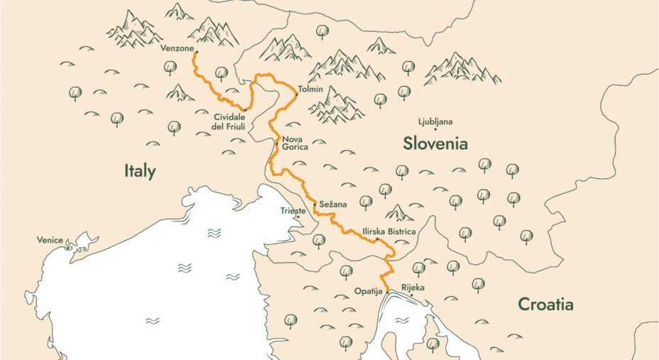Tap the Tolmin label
[311, 89]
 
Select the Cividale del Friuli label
[229, 121]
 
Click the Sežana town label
[333, 204]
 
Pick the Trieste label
[293, 211]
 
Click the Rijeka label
[413, 287]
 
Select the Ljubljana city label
[436, 121]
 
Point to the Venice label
[50, 240]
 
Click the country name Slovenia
[435, 143]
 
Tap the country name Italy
[139, 171]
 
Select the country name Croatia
[545, 305]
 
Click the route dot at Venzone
[196, 51]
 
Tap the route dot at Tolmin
[295, 92]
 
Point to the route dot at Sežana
[314, 204]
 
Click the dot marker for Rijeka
[412, 295]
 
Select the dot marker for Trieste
[298, 217]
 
